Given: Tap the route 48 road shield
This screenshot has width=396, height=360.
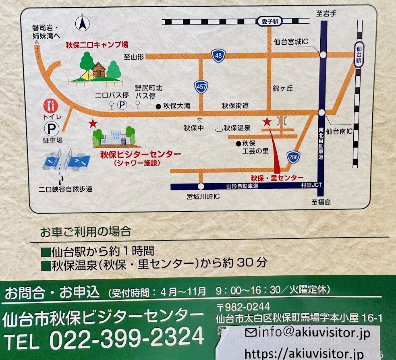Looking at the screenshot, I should (x=218, y=56).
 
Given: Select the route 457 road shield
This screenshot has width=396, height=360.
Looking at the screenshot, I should (x=201, y=87).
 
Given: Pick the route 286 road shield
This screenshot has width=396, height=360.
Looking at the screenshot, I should (x=294, y=157).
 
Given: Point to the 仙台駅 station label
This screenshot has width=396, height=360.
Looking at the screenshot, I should (x=359, y=54).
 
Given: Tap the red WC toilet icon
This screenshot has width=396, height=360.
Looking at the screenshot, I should (x=51, y=106).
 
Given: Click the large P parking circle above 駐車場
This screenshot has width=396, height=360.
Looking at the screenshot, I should (x=51, y=129).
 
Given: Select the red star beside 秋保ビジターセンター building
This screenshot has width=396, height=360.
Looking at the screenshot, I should (x=93, y=123).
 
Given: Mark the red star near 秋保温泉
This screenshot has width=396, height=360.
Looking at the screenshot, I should (x=266, y=121).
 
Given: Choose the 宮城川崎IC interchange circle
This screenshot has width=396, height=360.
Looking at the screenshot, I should (x=201, y=186).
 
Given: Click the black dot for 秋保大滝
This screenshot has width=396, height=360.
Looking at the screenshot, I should (x=158, y=106).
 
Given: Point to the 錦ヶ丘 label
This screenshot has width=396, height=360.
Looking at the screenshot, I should (x=282, y=88).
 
